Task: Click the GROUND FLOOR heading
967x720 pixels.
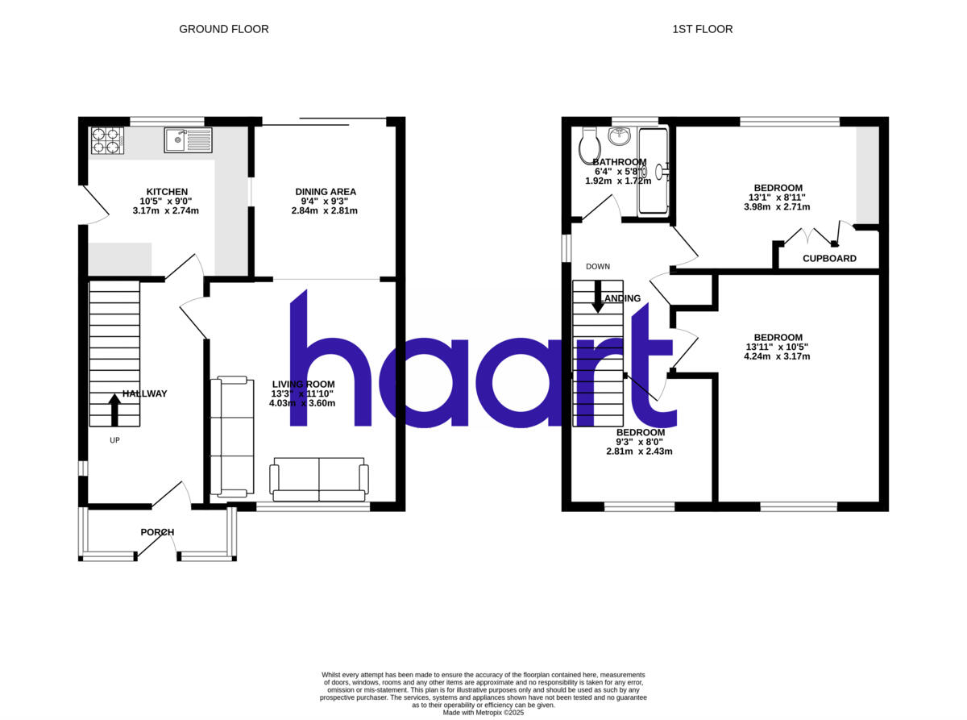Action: [223, 29]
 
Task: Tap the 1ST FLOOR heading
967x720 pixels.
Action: [702, 29]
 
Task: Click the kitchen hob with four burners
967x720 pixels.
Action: [106, 140]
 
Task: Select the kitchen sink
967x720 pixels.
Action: [188, 140]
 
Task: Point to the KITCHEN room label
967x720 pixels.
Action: [167, 192]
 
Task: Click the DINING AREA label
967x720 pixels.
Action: [325, 192]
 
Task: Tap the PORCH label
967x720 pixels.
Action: [157, 532]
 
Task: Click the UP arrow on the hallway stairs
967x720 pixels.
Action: [114, 409]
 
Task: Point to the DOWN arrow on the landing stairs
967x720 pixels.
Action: [598, 296]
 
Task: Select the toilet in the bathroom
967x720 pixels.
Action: [590, 144]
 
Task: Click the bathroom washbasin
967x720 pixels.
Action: [620, 136]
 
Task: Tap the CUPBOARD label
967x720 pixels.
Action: [829, 259]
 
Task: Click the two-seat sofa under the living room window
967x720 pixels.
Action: [319, 478]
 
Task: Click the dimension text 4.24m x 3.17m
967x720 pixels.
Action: [778, 356]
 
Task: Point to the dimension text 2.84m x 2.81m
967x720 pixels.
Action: [325, 210]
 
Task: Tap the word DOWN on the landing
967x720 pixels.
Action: [598, 267]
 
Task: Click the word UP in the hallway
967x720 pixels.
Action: [114, 440]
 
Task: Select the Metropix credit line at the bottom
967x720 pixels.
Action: [483, 713]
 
